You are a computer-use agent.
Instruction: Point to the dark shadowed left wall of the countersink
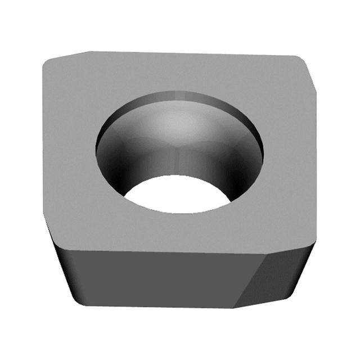tap(115, 163)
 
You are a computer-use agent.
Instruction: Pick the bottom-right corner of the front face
tap(233, 307)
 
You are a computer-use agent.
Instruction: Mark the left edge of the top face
tap(43, 141)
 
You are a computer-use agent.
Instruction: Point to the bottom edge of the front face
tap(157, 306)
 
